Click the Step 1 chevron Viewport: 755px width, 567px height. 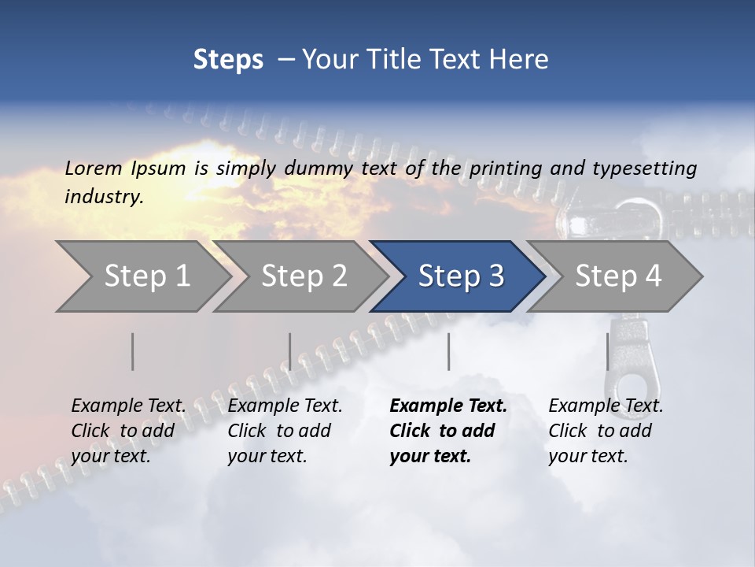coord(146,276)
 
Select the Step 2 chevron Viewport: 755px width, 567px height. coord(304,276)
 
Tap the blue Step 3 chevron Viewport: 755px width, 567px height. coord(460,276)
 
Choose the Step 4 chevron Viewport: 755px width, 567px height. coord(617,276)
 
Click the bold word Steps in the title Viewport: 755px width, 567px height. coord(228,60)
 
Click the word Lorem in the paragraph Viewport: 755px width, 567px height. coord(94,168)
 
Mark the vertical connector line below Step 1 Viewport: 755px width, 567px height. coord(133,351)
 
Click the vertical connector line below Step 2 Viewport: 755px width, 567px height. coord(290,351)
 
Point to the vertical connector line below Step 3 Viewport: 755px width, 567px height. coord(448,351)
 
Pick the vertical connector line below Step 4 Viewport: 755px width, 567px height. coord(607,351)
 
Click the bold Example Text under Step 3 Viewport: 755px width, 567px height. coord(448,406)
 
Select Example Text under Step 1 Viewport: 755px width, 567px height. coord(128,406)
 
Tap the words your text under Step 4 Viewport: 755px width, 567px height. coord(587,456)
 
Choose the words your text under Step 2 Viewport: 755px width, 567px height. coord(267,456)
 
